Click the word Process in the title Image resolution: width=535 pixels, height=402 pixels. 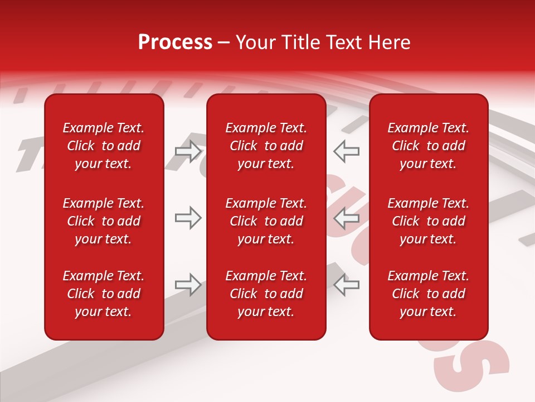point(175,42)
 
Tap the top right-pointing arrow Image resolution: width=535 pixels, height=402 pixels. point(188,151)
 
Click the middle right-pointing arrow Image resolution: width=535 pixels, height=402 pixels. point(188,218)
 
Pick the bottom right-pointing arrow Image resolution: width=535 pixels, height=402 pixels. point(188,285)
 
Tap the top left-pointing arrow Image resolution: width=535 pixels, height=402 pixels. point(347,151)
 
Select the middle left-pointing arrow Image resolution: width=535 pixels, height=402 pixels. point(347,218)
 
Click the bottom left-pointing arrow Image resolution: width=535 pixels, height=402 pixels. point(347,285)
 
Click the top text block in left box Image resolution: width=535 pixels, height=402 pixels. point(104,146)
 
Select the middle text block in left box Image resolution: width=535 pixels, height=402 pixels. point(104,221)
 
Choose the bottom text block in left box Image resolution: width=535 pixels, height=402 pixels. point(104,294)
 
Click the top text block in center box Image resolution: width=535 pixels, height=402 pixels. point(266,146)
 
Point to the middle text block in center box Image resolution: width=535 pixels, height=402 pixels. point(266,221)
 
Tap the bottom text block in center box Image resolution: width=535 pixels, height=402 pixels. point(266,294)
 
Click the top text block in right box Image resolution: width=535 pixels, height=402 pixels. point(429,146)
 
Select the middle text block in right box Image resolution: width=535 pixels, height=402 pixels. point(429,221)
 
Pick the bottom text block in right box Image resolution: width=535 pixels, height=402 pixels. point(429,294)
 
